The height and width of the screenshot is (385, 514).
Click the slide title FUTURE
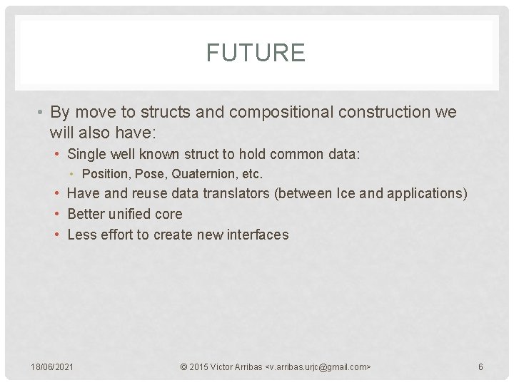click(256, 53)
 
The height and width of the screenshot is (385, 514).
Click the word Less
click(81, 235)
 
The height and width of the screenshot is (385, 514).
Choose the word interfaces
click(258, 235)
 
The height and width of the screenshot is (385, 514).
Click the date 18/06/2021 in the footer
click(51, 367)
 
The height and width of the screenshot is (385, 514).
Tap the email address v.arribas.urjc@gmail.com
click(318, 367)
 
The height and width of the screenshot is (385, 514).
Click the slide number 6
click(480, 367)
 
